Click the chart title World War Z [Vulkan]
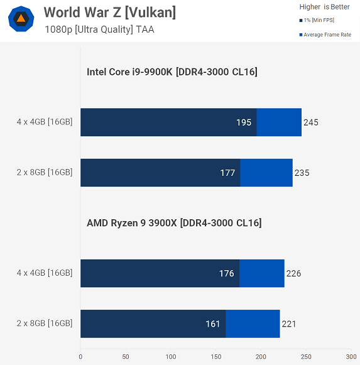pos(110,13)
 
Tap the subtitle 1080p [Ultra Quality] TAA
pos(99,30)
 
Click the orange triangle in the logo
pos(21,18)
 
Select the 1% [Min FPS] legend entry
pos(317,20)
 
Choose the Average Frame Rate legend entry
pos(325,35)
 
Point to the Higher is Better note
pos(324,7)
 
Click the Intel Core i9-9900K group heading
pos(172,72)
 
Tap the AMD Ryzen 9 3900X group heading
pos(174,223)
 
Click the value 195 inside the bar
pos(244,123)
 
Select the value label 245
pos(311,123)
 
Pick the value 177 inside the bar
pos(227,173)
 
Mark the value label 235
pos(302,173)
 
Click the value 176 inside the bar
pos(227,273)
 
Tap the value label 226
pos(293,273)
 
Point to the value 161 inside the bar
pos(212,324)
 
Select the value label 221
pos(289,324)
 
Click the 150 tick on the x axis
pos(216,357)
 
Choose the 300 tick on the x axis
pos(351,357)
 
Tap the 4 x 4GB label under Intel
pos(45,122)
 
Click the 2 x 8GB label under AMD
pos(45,324)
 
